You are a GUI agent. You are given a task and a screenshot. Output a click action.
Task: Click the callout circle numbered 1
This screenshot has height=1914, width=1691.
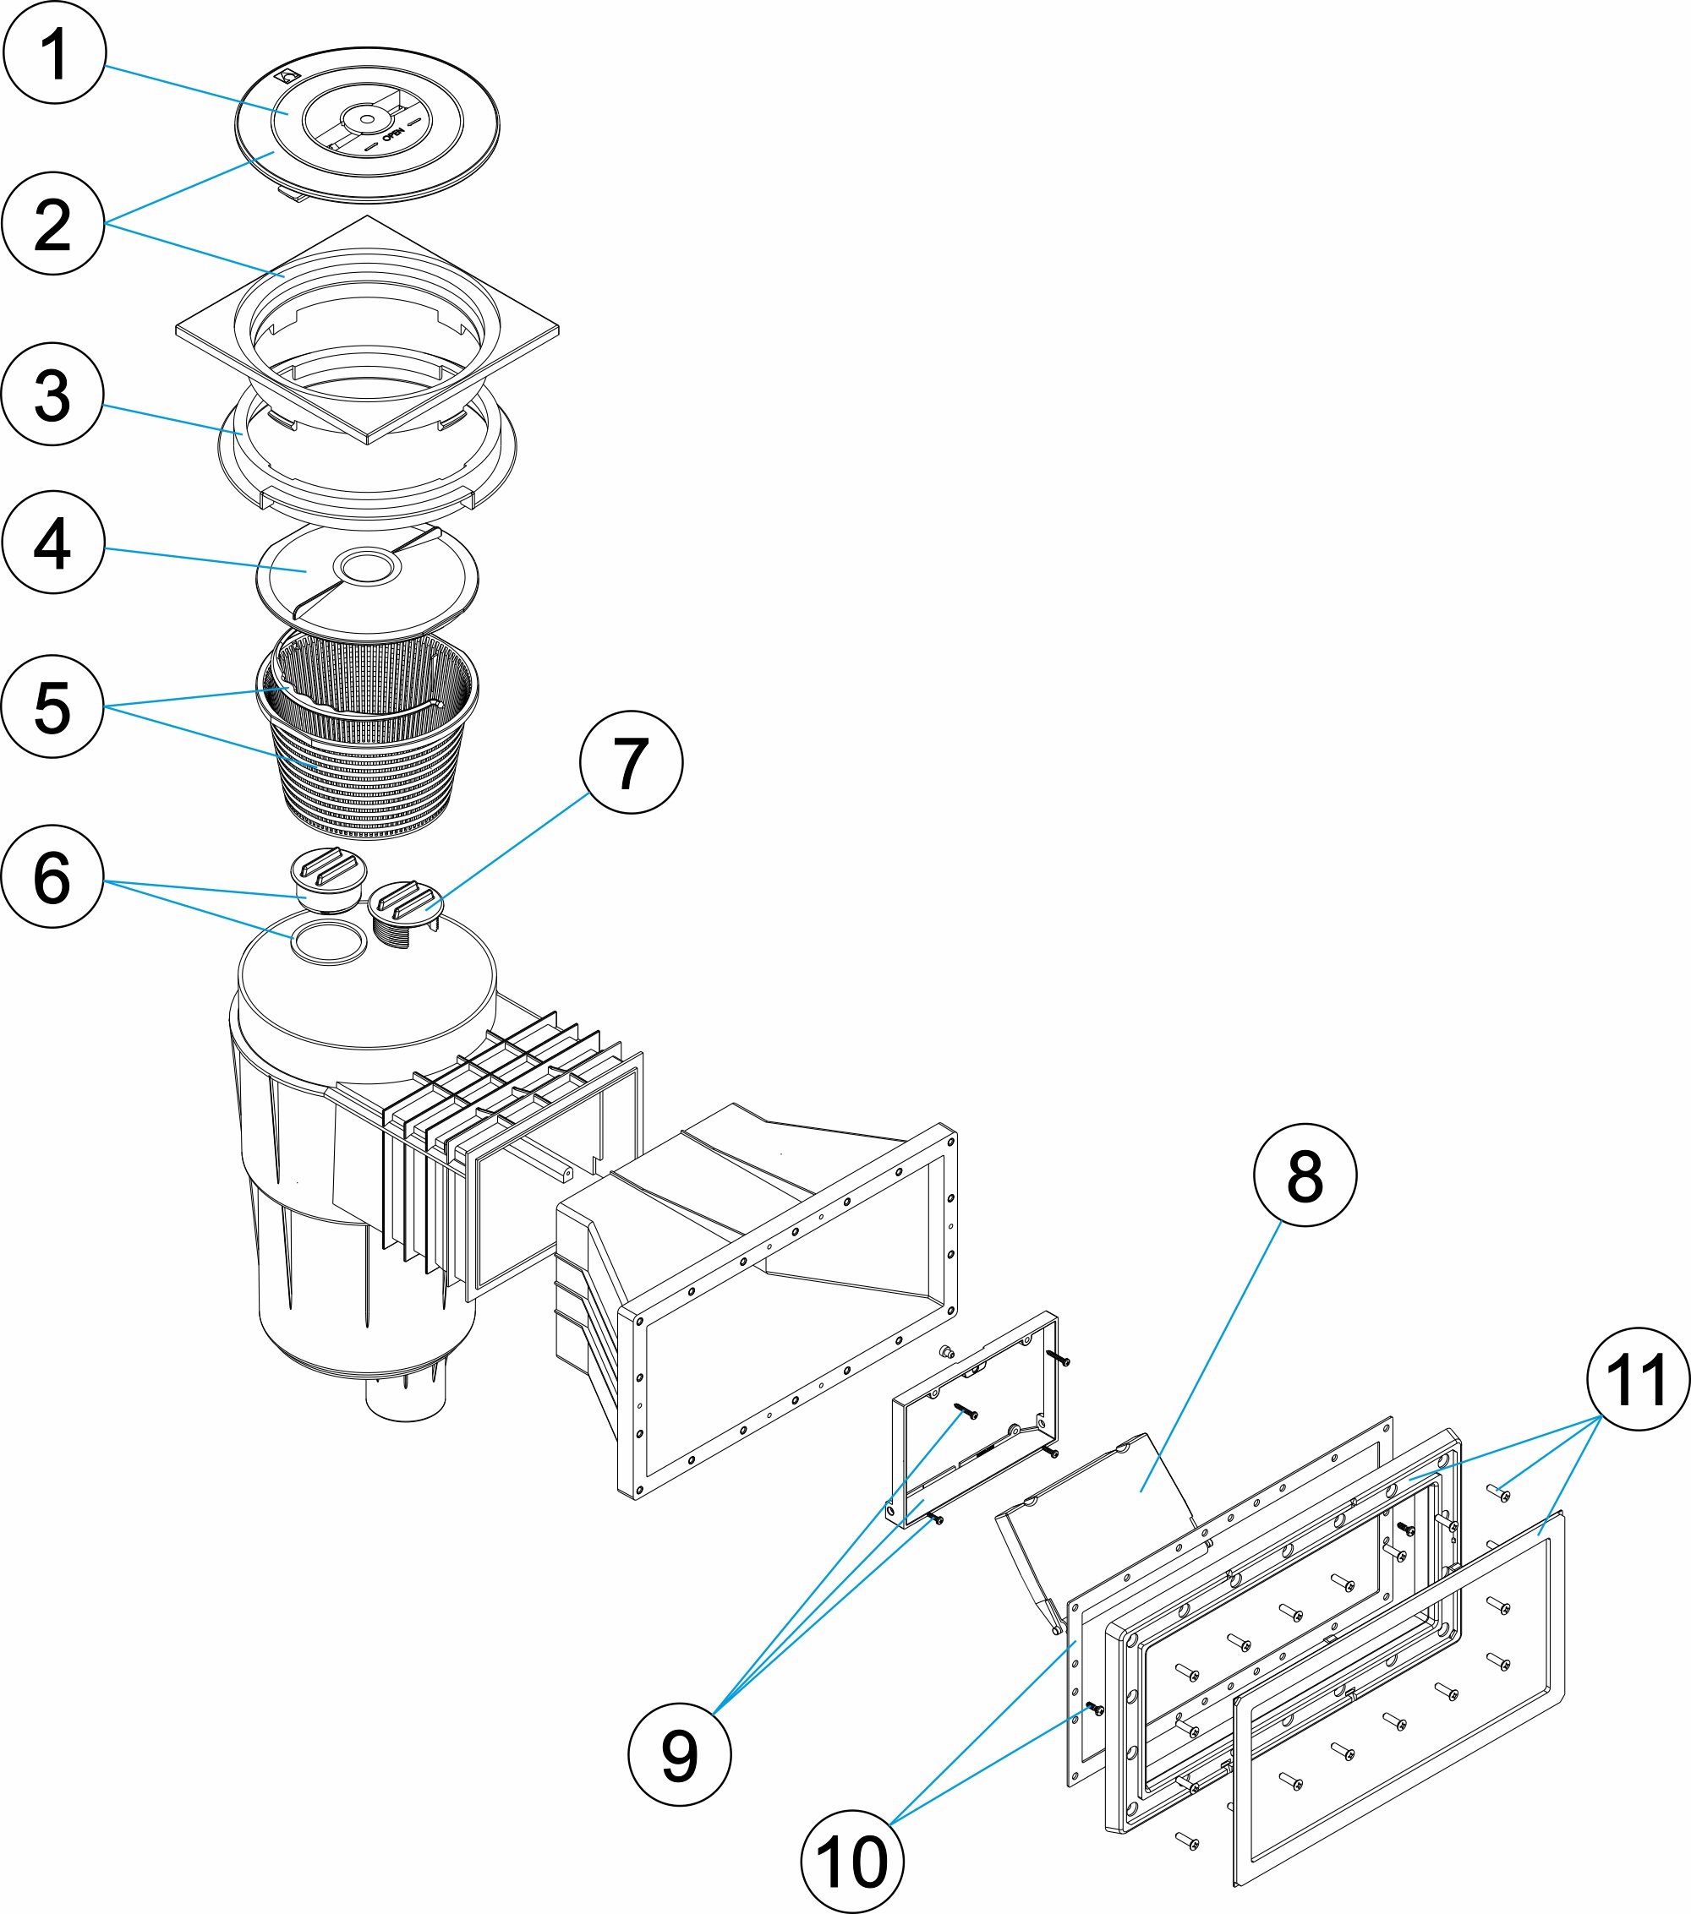[x=53, y=52]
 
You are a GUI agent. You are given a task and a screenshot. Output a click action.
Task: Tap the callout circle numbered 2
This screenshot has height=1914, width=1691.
[x=52, y=223]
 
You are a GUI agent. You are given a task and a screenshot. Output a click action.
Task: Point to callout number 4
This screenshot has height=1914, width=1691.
[x=52, y=543]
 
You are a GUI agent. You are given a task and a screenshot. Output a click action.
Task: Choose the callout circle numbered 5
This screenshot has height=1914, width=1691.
[x=52, y=707]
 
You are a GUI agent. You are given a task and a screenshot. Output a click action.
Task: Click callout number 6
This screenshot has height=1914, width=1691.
[x=52, y=876]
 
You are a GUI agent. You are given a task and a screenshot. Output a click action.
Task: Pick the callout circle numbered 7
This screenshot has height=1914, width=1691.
[x=631, y=761]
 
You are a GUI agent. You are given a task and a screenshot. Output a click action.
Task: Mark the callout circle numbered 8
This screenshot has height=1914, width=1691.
[x=1305, y=1175]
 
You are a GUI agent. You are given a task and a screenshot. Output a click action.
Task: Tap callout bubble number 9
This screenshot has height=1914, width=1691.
[x=679, y=1755]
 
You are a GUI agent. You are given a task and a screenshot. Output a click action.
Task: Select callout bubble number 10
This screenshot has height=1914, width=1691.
[x=851, y=1862]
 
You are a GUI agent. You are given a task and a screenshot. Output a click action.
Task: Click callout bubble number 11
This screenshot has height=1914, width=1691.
[x=1638, y=1378]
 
